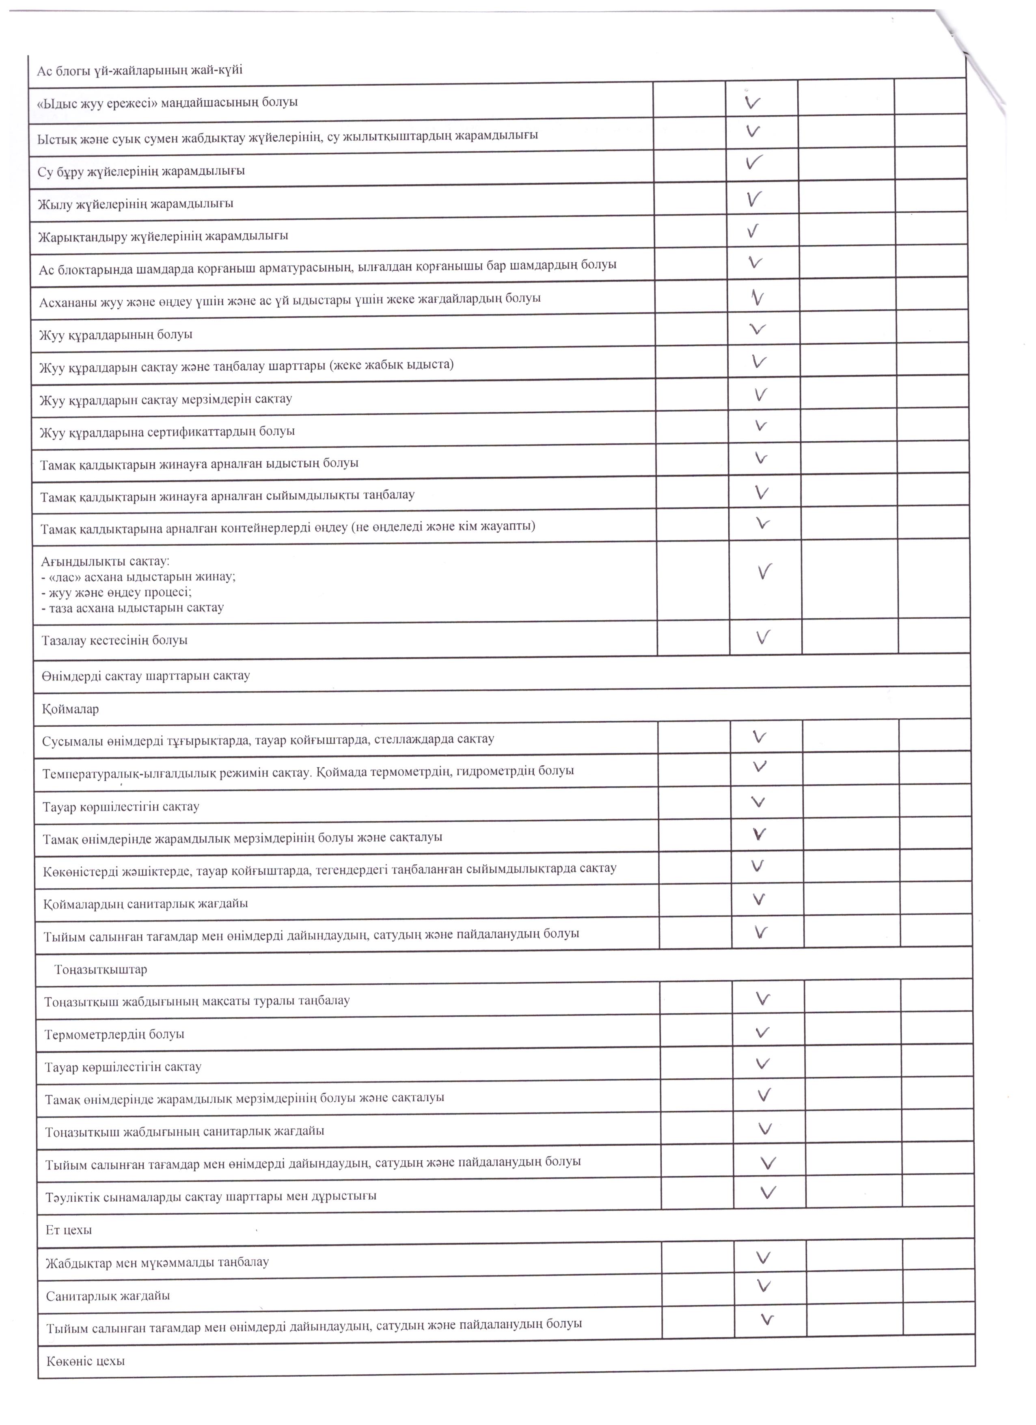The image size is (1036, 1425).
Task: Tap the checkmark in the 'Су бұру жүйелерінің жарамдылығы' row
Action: pyautogui.click(x=755, y=163)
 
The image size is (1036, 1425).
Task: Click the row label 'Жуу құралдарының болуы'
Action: pyautogui.click(x=116, y=334)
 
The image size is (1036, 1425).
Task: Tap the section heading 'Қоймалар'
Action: pyautogui.click(x=70, y=709)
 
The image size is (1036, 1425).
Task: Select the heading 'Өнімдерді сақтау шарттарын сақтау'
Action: pyautogui.click(x=146, y=676)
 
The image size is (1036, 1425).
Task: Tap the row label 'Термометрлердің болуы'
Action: pyautogui.click(x=114, y=1034)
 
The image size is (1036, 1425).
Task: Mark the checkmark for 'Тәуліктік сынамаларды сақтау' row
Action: pyautogui.click(x=768, y=1191)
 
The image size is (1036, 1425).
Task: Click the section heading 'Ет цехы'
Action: pyautogui.click(x=69, y=1230)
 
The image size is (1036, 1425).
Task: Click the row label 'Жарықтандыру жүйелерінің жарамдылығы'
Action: pyautogui.click(x=163, y=236)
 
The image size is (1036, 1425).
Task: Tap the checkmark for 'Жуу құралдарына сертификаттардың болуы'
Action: pyautogui.click(x=761, y=426)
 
